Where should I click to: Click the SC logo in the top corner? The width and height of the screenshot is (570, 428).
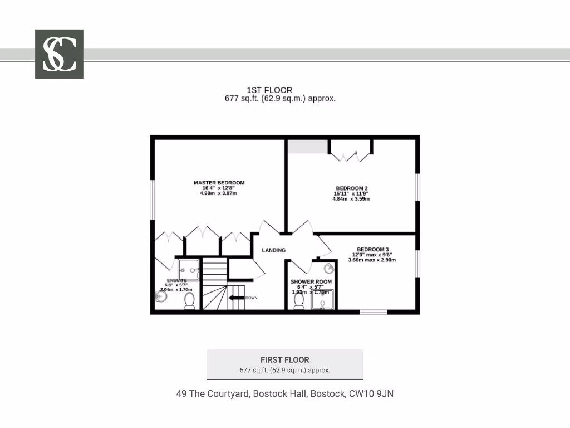click(60, 54)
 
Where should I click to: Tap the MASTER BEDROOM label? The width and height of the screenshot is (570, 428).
click(219, 183)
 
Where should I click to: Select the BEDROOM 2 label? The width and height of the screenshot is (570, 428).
click(351, 188)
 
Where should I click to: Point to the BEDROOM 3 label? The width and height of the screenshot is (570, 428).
click(372, 249)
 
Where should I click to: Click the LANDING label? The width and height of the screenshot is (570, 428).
click(274, 250)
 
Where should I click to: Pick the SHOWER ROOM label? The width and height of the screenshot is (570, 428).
click(311, 281)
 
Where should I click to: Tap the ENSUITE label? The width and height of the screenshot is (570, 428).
click(176, 280)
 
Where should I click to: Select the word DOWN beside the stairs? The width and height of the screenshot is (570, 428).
click(252, 298)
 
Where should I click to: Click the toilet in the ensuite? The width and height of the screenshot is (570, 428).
click(189, 301)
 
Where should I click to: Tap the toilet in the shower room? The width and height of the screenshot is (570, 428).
click(299, 301)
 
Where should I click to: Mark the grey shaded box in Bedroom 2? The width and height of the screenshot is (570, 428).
click(307, 147)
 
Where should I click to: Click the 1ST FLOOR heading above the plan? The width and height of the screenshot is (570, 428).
click(269, 90)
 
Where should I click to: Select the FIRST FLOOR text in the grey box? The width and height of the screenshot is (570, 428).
click(284, 360)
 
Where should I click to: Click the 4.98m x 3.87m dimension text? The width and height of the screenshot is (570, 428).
click(218, 193)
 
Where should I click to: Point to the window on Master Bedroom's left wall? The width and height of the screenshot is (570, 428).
click(152, 199)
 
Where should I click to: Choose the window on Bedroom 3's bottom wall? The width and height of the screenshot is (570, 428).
click(373, 312)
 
